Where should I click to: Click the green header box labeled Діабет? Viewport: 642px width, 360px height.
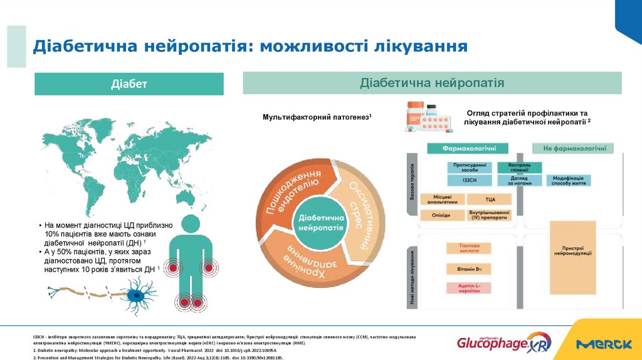(x=129, y=84)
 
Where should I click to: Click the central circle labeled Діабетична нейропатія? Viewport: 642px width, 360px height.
(x=321, y=222)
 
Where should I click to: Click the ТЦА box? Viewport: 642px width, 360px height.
(x=490, y=199)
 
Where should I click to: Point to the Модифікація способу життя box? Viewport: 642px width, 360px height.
(x=569, y=180)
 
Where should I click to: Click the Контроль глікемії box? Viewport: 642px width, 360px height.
(x=514, y=167)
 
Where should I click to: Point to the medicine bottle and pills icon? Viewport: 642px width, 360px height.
(x=428, y=117)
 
